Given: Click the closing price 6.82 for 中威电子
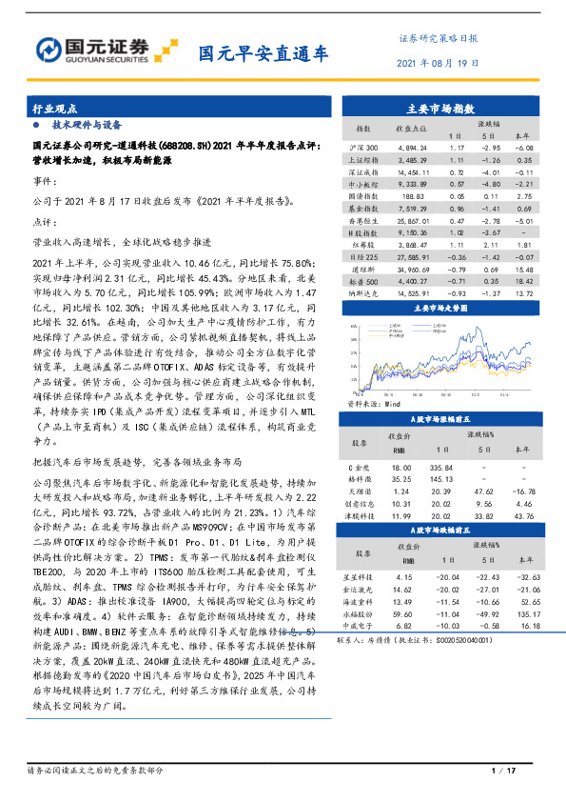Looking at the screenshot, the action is tap(402, 626).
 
